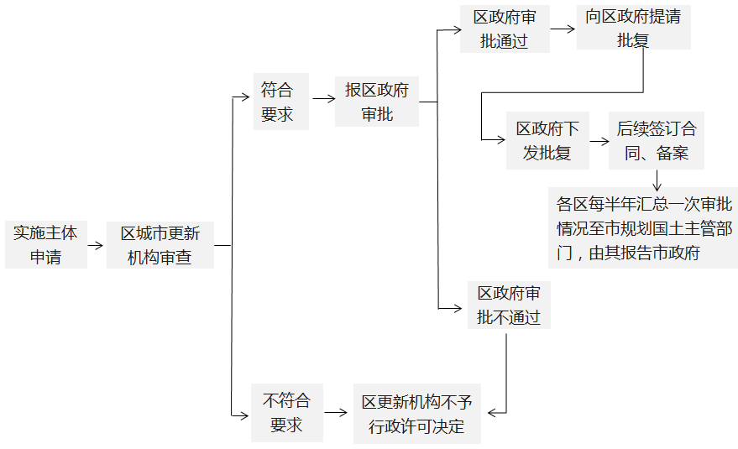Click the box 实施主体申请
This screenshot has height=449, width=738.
click(x=45, y=245)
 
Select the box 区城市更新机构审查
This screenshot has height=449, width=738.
click(x=160, y=245)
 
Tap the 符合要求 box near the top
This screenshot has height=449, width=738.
click(x=280, y=102)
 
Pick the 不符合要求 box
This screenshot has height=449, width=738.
click(x=286, y=413)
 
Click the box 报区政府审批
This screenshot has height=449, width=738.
click(x=376, y=102)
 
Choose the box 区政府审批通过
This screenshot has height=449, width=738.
click(x=505, y=29)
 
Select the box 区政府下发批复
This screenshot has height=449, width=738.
click(x=547, y=140)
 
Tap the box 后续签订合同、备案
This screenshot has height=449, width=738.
click(x=656, y=140)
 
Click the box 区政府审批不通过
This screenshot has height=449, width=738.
click(x=509, y=305)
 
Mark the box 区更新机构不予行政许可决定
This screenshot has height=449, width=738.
click(x=416, y=414)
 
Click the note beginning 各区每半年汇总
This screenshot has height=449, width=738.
click(x=643, y=228)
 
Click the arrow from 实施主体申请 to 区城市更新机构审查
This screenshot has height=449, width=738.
click(x=96, y=246)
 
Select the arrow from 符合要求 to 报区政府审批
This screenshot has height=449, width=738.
click(x=322, y=102)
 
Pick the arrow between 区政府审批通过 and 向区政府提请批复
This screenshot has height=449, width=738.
click(x=563, y=29)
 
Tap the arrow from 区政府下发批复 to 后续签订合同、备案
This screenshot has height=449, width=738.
click(x=599, y=140)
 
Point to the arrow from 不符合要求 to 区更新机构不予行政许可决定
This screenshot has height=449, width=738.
click(x=337, y=413)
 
